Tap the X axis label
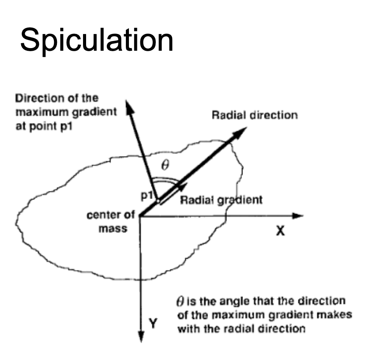(279, 231)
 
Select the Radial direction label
(255, 116)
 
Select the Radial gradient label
(221, 200)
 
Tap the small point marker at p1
(158, 201)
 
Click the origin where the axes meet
(140, 216)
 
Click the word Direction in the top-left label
(36, 98)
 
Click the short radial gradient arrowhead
(179, 187)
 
